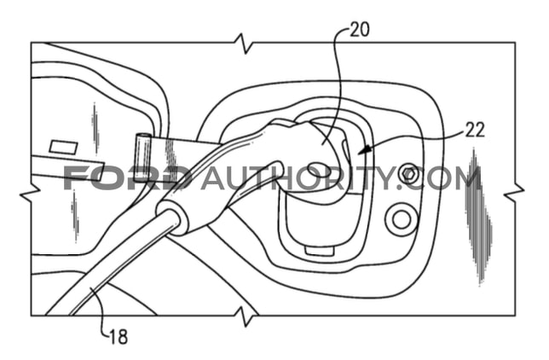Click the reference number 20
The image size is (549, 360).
coord(359,30)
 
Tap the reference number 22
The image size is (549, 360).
coord(475,130)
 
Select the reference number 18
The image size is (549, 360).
coord(118,337)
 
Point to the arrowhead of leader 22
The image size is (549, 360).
coord(365,149)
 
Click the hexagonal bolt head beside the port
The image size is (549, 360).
coord(407,173)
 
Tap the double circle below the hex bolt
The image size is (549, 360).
coord(402,219)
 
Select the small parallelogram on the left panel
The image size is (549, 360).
coord(63,148)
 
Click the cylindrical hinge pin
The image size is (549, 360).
coord(142,158)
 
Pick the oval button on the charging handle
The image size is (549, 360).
coord(319,170)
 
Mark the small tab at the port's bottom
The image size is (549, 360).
coord(319,251)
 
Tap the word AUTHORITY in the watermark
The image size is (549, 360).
coord(298,178)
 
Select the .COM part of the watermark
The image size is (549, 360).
coord(440,178)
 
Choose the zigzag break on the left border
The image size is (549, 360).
coord(31,193)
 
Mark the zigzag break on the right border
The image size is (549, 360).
coord(514,192)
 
